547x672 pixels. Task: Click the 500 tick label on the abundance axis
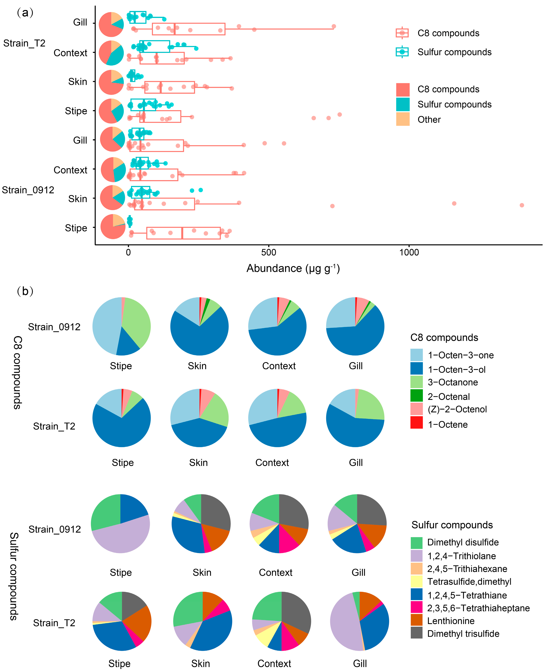268,253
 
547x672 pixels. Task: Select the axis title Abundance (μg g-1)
293,268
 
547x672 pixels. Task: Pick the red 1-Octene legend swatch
416,423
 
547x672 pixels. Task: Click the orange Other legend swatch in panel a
403,119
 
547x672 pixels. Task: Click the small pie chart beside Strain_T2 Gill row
111,25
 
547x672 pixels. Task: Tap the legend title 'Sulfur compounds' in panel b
452,525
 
